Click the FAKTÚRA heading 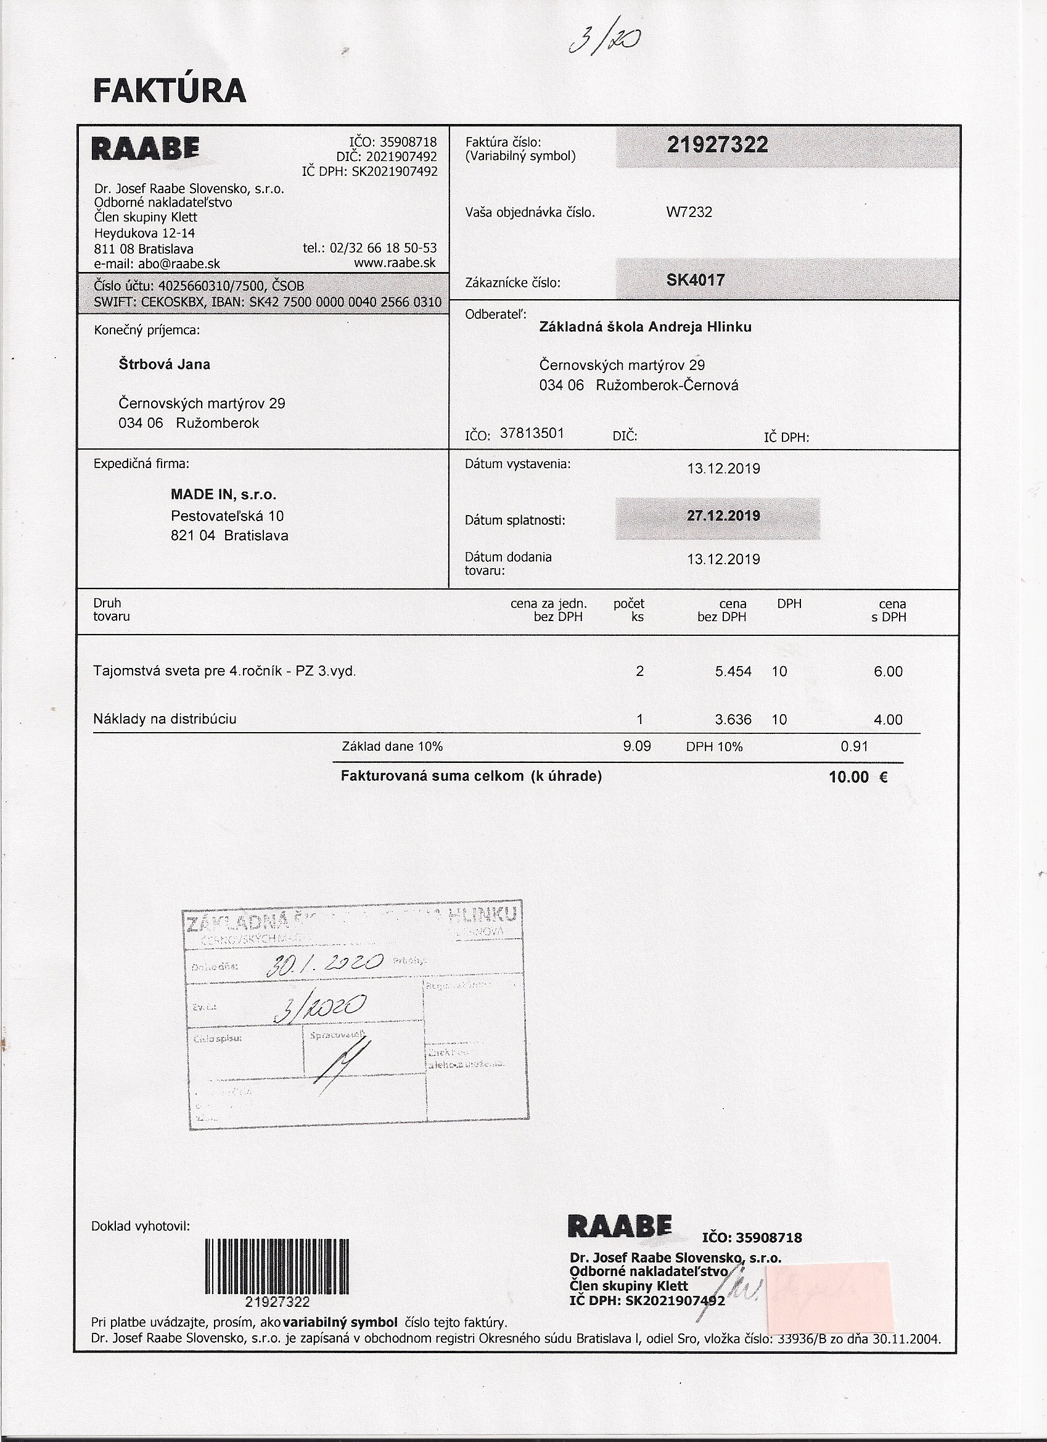tap(170, 91)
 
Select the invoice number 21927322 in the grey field tap(717, 145)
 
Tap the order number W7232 tap(689, 212)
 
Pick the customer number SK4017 tap(696, 280)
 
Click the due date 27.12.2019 tap(723, 516)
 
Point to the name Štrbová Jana tap(164, 365)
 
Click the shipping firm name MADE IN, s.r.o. tap(223, 495)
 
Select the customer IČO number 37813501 tap(532, 434)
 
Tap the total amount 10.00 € tap(858, 777)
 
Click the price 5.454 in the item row tap(733, 672)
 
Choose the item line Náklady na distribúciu tap(165, 719)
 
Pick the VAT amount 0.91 tap(854, 746)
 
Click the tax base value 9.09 tap(637, 746)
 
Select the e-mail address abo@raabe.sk tap(157, 264)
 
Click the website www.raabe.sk tap(395, 263)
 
